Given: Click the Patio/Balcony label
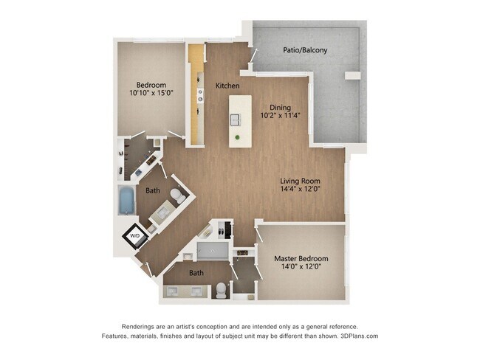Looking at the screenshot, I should (305, 51).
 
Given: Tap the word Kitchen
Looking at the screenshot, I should (227, 86).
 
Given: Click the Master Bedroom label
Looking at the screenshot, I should (301, 259).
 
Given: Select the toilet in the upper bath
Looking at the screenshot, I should (177, 196).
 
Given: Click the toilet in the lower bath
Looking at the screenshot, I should (220, 290).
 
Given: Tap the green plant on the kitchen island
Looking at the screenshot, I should (238, 138).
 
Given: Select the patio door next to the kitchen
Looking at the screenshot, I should (253, 55).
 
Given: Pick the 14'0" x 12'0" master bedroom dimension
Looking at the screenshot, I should (301, 268).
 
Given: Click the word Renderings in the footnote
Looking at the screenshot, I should (140, 326).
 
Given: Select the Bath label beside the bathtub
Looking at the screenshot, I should (152, 190).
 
